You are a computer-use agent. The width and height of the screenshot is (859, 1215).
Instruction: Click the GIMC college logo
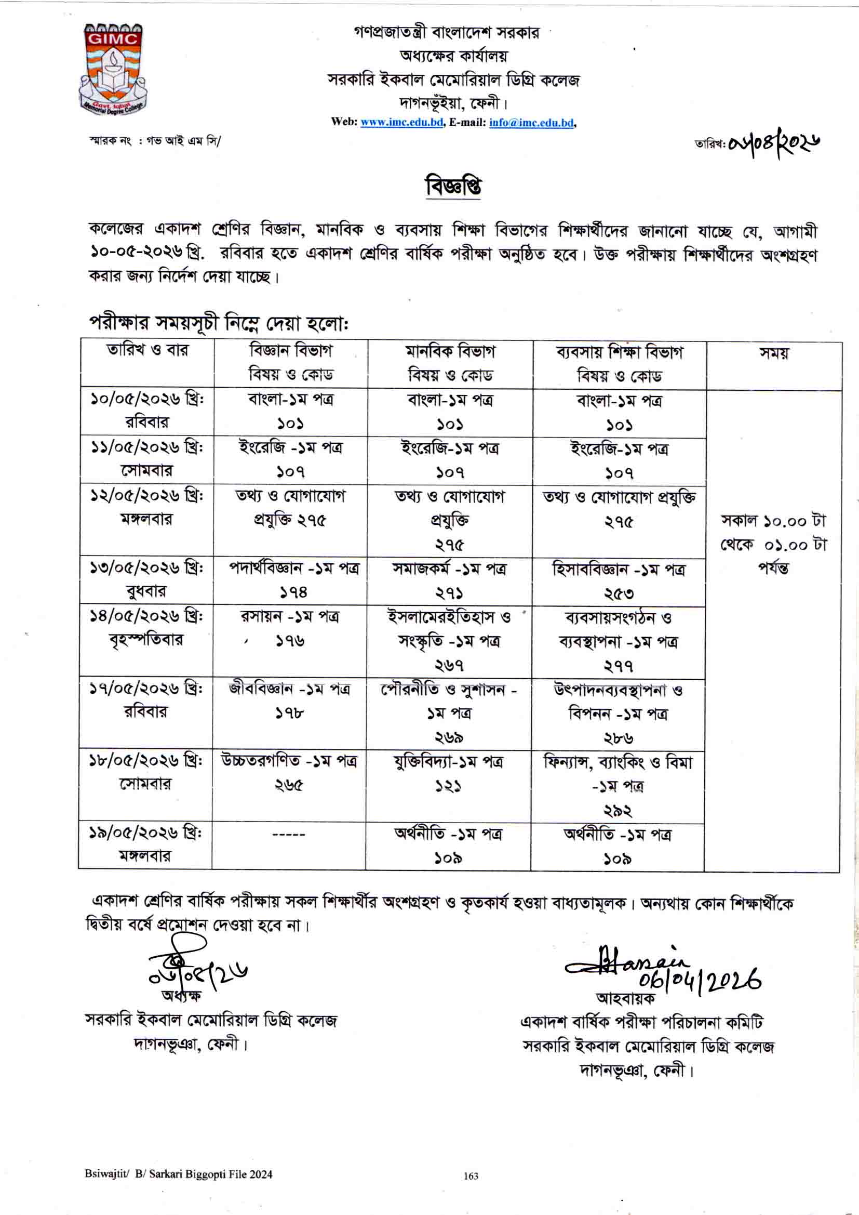112,69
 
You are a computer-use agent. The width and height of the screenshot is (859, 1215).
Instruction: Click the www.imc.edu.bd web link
401,122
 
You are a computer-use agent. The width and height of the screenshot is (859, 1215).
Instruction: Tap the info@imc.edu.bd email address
532,122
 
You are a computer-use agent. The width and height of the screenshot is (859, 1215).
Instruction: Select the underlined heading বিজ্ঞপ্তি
453,187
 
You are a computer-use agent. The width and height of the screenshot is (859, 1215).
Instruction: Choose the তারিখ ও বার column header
147,350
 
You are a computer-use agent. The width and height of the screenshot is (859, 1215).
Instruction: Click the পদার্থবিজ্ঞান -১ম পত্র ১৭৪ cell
290,580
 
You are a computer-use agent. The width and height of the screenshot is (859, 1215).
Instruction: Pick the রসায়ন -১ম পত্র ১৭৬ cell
290,629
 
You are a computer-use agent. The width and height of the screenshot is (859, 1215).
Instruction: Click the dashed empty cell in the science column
288,835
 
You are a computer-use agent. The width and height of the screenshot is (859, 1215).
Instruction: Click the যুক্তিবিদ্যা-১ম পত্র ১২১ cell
448,773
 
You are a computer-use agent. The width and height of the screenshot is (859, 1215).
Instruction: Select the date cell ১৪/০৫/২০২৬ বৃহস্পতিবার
146,628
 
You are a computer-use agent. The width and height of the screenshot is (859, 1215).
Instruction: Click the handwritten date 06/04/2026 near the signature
699,981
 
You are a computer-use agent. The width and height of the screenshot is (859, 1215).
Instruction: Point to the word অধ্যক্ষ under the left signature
181,995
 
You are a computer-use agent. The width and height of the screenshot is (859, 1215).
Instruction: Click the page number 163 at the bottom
471,1191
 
